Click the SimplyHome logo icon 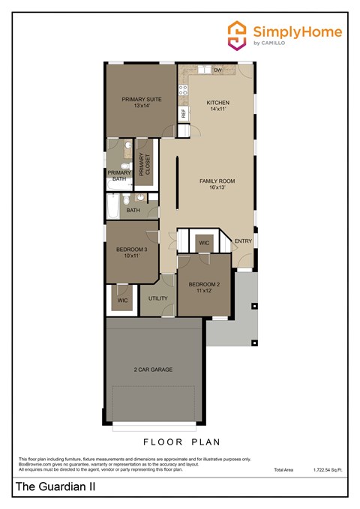click(x=238, y=35)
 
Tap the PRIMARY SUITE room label click(x=142, y=102)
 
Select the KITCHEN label click(x=218, y=106)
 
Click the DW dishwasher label click(x=218, y=70)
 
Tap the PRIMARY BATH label click(x=118, y=175)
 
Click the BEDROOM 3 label click(x=131, y=253)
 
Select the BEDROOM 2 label click(x=204, y=288)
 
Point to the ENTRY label click(x=243, y=241)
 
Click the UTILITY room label click(x=157, y=298)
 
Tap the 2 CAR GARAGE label click(x=154, y=370)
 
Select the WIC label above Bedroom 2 click(x=203, y=243)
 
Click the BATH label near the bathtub click(x=133, y=211)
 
